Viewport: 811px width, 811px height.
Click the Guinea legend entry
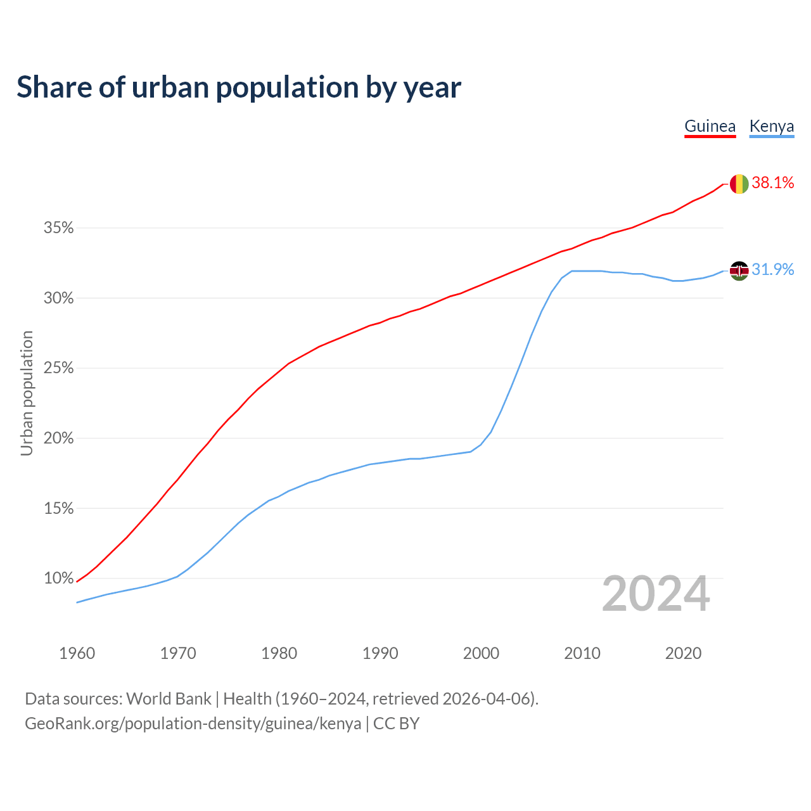coord(710,126)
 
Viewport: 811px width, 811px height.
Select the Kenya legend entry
coord(771,126)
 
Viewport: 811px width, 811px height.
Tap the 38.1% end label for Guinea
coord(772,183)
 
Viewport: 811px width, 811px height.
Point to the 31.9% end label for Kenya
coord(772,270)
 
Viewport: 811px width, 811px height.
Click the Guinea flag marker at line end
coord(739,184)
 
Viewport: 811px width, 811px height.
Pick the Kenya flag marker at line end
coord(739,271)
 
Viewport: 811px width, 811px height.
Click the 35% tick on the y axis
coord(58,228)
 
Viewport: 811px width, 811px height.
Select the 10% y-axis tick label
coord(58,578)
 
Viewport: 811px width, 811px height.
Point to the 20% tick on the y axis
coord(58,438)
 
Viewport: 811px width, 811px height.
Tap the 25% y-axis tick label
coord(58,368)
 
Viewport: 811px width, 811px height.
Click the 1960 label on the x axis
coord(77,653)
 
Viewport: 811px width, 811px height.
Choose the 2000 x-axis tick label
coord(481,653)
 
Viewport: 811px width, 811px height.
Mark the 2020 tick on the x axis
coord(683,653)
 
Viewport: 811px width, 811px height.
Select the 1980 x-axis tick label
coord(279,653)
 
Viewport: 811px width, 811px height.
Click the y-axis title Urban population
coord(27,393)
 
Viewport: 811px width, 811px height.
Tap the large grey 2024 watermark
coord(655,594)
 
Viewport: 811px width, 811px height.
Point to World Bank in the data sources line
coord(169,699)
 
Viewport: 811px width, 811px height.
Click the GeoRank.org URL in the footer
coord(193,724)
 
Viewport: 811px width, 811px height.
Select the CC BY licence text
coord(396,724)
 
